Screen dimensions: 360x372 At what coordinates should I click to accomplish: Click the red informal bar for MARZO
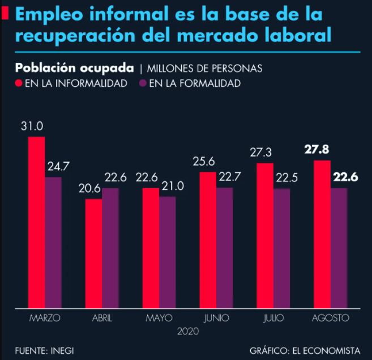click(x=36, y=221)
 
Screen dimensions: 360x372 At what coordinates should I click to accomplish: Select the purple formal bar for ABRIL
click(x=110, y=247)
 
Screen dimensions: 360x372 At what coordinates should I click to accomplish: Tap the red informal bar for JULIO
click(x=264, y=235)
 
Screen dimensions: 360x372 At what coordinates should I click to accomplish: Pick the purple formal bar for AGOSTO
click(x=339, y=247)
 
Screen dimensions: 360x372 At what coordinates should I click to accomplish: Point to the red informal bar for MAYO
click(x=151, y=247)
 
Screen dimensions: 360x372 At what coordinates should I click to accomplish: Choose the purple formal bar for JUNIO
click(x=224, y=247)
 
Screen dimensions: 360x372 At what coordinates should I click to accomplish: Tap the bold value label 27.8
click(x=317, y=150)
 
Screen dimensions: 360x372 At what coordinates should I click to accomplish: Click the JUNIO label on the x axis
click(x=216, y=317)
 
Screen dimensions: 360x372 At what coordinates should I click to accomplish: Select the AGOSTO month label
click(x=330, y=317)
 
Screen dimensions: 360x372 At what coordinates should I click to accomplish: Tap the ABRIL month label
click(x=102, y=317)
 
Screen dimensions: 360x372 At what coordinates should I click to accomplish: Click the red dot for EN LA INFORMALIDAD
click(x=19, y=83)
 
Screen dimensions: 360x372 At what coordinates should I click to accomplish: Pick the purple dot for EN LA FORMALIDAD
click(x=143, y=83)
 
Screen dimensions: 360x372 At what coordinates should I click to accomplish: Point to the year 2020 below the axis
click(x=187, y=330)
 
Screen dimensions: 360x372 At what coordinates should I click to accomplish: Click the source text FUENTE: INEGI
click(x=44, y=350)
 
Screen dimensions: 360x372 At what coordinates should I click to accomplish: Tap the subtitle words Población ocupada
click(x=75, y=68)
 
